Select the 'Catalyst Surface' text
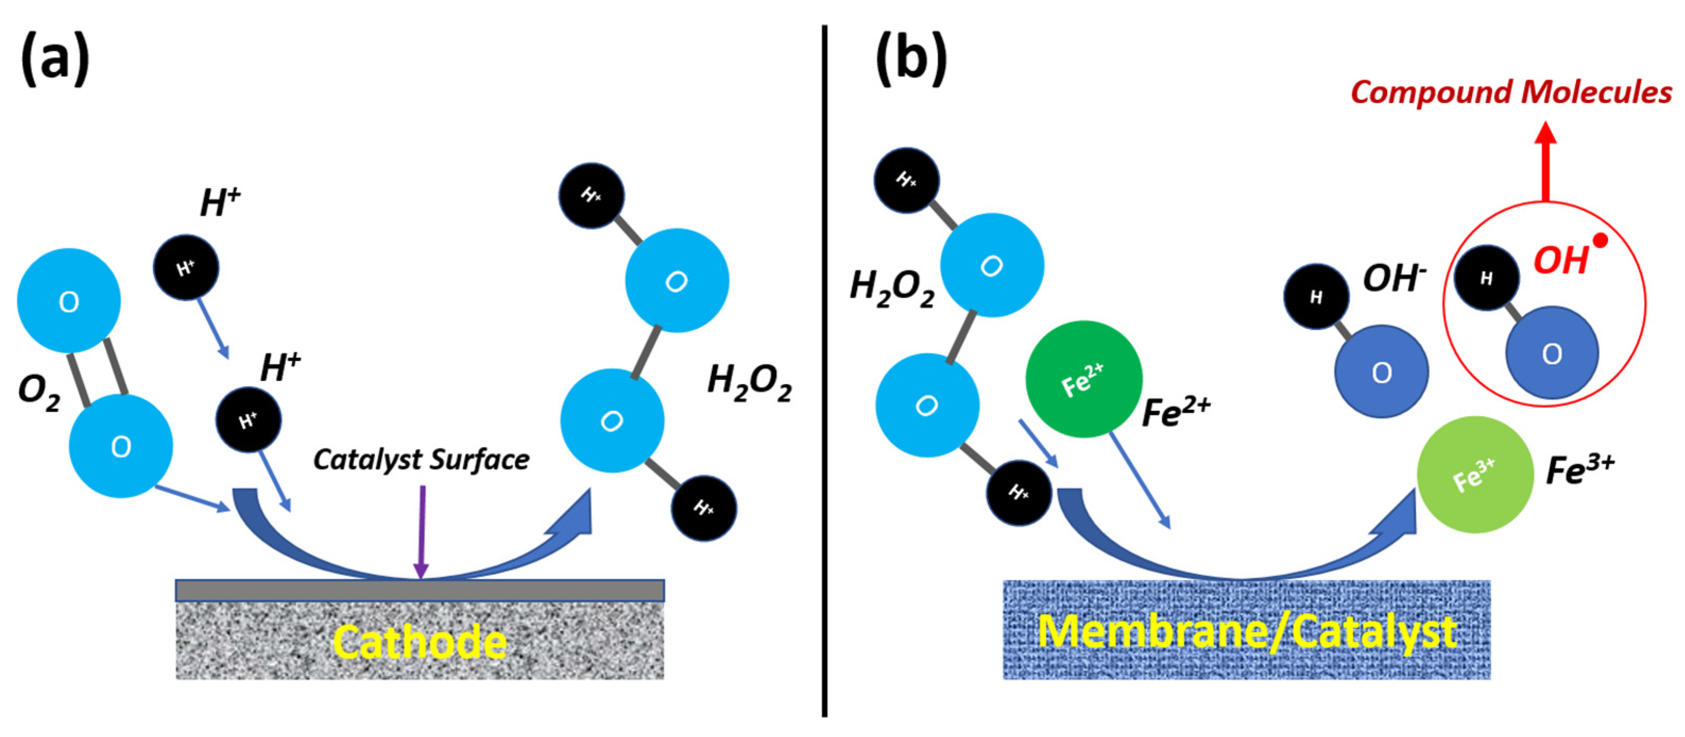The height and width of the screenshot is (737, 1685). tap(422, 460)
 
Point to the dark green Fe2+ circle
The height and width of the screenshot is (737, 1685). tap(1083, 379)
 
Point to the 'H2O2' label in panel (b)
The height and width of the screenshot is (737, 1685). tap(891, 288)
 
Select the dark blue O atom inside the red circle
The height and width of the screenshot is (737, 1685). tap(1552, 353)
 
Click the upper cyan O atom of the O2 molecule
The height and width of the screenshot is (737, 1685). tap(68, 301)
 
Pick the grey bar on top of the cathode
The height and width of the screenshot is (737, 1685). tap(420, 590)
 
